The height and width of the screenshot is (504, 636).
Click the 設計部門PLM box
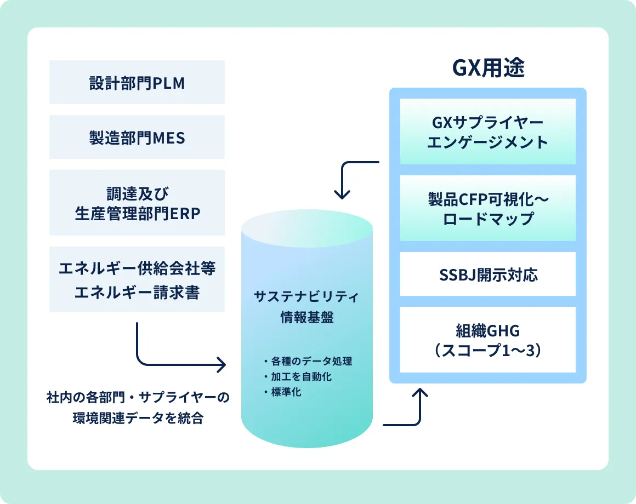[x=137, y=82]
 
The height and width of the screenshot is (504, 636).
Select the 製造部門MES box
[x=137, y=137]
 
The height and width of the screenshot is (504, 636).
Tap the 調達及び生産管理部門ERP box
[x=137, y=203]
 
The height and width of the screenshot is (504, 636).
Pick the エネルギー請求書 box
[x=137, y=279]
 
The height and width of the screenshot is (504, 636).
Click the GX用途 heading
[x=489, y=68]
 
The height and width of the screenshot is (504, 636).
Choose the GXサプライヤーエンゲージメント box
[x=488, y=131]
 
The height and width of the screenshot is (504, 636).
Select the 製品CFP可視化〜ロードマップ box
[x=488, y=208]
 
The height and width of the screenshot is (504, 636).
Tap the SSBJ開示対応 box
[x=488, y=274]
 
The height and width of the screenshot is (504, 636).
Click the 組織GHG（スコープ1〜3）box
[x=488, y=340]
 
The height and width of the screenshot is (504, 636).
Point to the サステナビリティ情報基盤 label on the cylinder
[x=306, y=307]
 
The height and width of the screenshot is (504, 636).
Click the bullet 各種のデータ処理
[x=308, y=361]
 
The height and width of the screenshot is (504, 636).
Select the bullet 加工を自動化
[x=298, y=376]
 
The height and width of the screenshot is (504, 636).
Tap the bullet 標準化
[x=282, y=392]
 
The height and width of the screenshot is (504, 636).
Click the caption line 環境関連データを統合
[x=138, y=417]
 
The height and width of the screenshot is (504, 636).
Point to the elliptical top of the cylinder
[x=307, y=228]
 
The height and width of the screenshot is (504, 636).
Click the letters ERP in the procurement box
[x=185, y=214]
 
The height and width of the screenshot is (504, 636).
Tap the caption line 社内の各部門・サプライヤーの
[x=138, y=397]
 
